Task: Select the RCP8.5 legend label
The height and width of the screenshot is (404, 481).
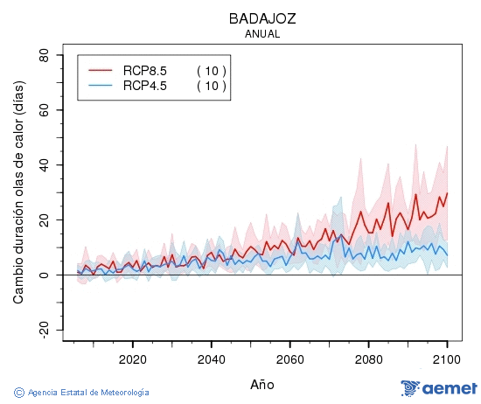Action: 145,71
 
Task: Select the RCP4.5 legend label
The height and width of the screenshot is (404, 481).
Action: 145,86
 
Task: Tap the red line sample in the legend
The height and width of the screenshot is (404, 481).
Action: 101,71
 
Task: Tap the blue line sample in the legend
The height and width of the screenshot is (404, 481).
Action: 101,86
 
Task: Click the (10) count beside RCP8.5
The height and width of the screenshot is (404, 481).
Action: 211,71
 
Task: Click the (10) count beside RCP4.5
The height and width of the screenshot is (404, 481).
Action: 211,86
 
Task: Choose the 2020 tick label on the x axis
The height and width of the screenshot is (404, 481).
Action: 132,359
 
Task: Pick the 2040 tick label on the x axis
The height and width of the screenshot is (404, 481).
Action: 211,359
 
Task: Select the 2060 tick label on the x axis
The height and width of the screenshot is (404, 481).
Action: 289,359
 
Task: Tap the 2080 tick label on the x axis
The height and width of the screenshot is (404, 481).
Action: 368,359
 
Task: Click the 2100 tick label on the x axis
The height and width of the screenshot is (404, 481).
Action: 447,359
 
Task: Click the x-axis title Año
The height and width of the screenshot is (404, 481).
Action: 261,384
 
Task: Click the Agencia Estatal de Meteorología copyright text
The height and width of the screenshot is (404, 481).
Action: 82,393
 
